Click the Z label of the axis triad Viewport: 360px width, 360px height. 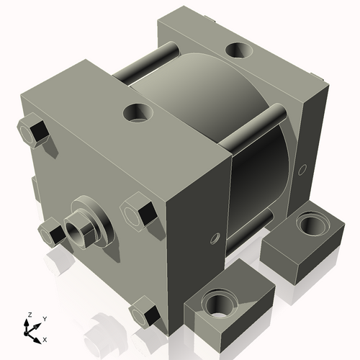[30, 315]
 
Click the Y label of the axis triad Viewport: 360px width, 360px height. [45, 319]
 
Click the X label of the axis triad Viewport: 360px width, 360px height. [45, 340]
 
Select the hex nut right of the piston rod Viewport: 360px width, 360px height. [139, 211]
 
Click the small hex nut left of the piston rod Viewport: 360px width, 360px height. [51, 233]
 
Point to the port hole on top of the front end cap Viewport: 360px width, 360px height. [138, 113]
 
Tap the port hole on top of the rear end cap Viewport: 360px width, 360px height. [239, 50]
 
